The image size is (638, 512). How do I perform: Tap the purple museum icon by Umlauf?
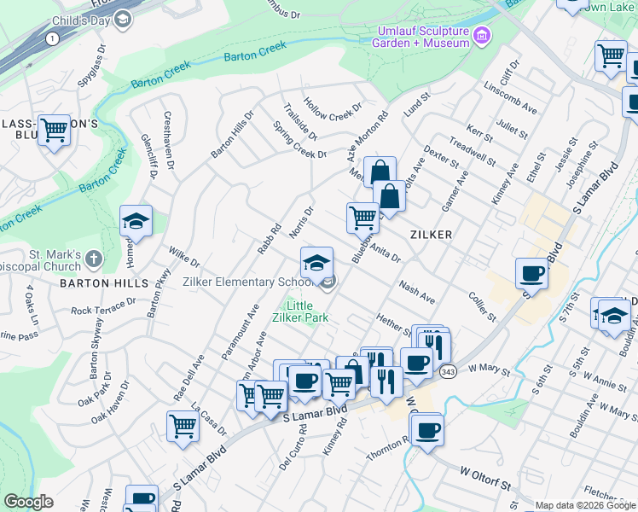click(482, 36)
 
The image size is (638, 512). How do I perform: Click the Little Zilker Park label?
click(304, 311)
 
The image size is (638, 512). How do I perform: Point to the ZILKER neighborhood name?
click(430, 234)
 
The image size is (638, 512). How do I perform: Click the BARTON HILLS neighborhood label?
click(115, 282)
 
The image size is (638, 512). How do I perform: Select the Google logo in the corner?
click(29, 502)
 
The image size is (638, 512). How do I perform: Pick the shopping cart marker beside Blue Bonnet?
click(363, 218)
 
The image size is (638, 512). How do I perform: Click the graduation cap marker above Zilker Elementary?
click(316, 261)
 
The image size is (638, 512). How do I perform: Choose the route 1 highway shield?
click(53, 38)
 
